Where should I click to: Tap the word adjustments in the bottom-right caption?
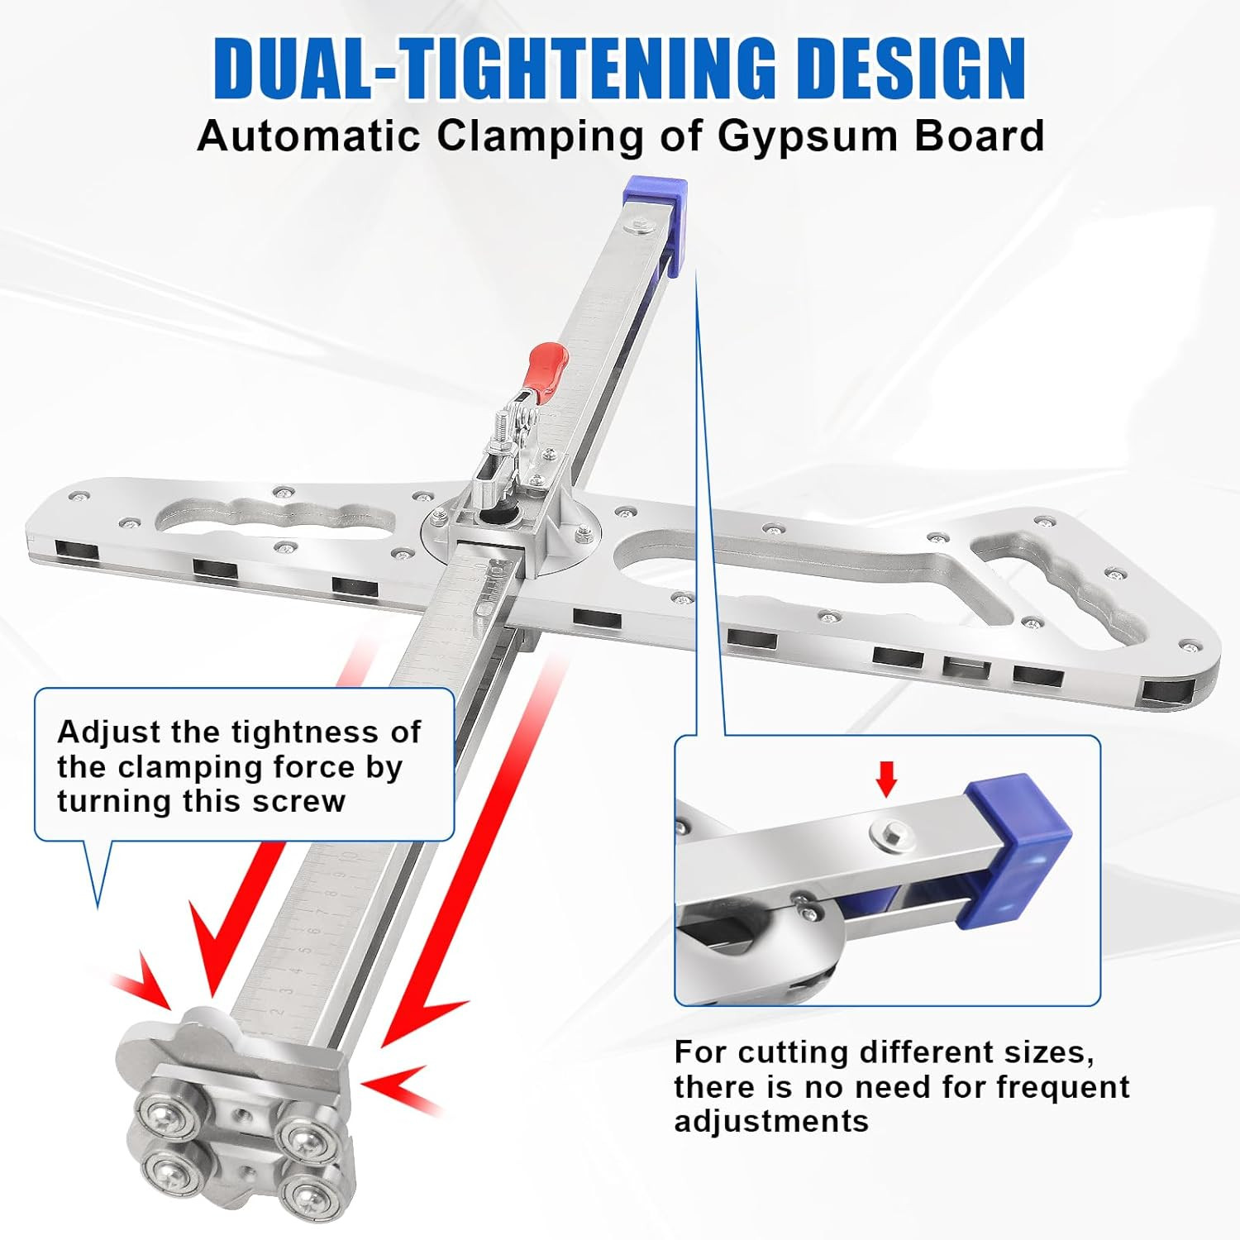coord(771,1122)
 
